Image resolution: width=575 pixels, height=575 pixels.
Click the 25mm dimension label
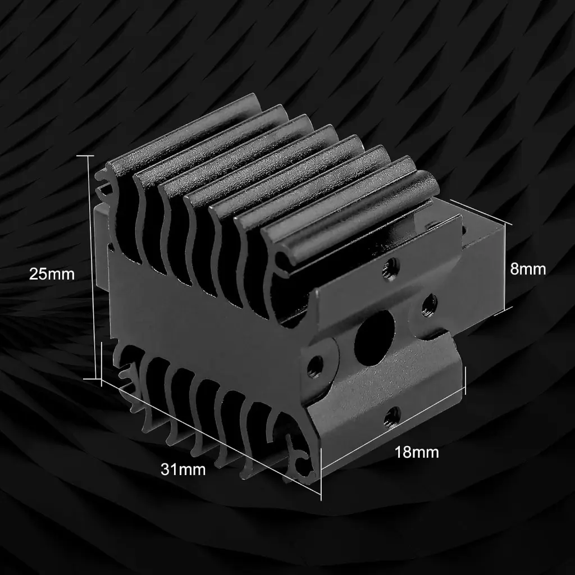coord(52,274)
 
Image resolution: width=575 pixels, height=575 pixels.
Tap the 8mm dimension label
coord(528,269)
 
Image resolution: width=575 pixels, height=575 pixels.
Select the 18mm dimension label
coord(417,451)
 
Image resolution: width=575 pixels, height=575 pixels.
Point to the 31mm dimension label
coord(183,469)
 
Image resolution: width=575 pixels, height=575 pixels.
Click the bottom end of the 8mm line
coord(508,308)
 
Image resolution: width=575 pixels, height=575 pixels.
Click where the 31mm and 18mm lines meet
coord(321,496)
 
